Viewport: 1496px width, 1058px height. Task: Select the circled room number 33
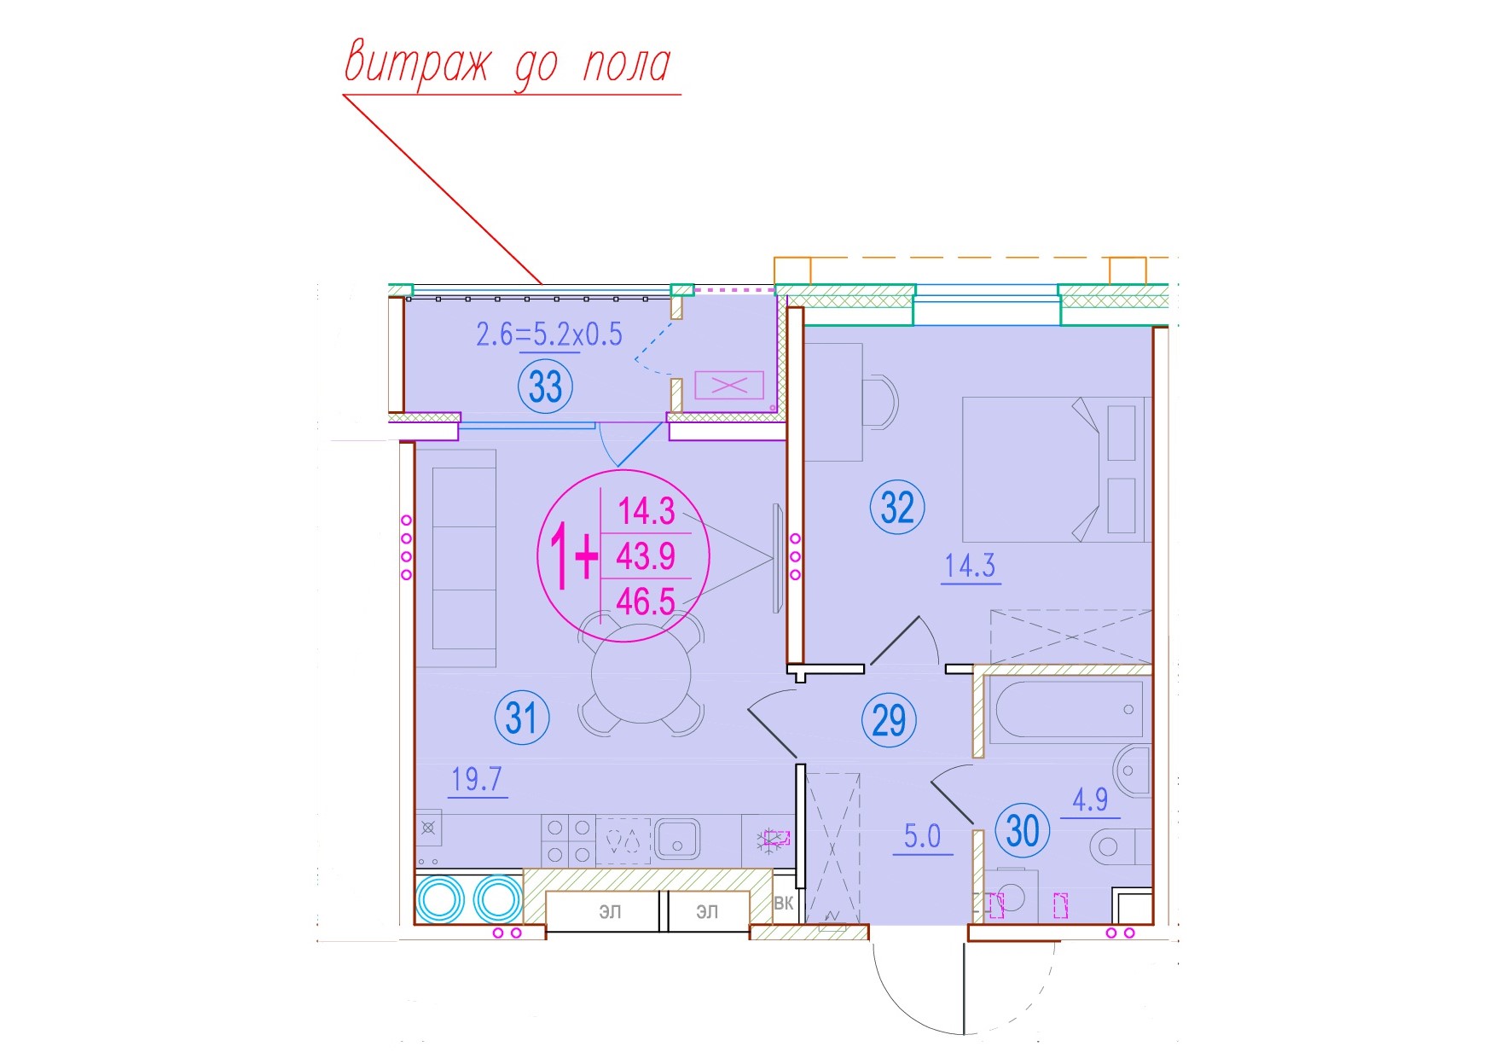coord(546,387)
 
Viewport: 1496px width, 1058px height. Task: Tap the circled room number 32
coord(897,508)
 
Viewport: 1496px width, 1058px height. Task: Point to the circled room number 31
coord(522,718)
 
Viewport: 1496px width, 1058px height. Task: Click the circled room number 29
coord(889,719)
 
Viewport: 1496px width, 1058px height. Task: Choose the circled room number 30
coord(1023,829)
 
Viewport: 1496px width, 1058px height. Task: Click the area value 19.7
coord(477,779)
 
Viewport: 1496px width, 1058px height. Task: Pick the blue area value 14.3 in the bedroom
coord(970,566)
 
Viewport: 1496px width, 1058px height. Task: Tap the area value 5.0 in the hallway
coord(922,836)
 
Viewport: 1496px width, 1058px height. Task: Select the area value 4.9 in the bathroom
coord(1090,799)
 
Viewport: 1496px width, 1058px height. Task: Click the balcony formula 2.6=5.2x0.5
coord(549,334)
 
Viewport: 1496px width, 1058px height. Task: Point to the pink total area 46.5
coord(646,602)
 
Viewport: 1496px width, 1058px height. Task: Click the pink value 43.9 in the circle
coord(646,556)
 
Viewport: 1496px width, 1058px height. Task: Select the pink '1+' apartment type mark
coord(573,556)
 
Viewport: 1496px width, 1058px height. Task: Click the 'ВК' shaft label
coord(784,903)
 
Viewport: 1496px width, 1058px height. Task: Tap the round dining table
coord(641,673)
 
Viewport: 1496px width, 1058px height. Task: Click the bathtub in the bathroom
coord(1068,709)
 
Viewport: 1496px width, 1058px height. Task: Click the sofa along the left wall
coord(464,558)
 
